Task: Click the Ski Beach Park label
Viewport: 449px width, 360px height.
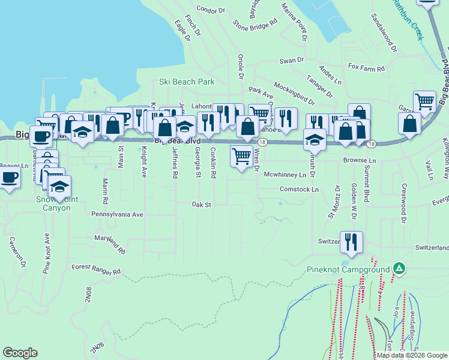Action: [x=187, y=82]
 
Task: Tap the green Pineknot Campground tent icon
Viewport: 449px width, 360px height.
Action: [x=399, y=268]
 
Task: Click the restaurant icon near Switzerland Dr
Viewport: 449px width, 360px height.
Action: [x=351, y=242]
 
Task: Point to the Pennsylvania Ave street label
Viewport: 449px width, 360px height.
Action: [x=118, y=214]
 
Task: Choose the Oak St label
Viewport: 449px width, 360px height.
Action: [x=202, y=205]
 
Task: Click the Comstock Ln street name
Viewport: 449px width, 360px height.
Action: [x=298, y=189]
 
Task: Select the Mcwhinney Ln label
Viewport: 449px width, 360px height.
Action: [x=289, y=175]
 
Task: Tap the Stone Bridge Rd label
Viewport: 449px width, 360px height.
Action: [x=255, y=25]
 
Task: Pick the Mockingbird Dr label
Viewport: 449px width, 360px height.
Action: [x=294, y=90]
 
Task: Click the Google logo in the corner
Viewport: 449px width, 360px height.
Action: [x=20, y=353]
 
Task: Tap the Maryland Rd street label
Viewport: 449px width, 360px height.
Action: [x=109, y=242]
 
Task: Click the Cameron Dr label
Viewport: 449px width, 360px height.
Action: [x=15, y=251]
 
